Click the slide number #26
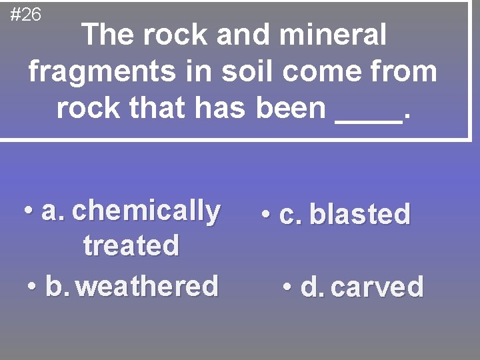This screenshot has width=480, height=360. (x=26, y=14)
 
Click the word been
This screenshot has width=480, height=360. (x=290, y=107)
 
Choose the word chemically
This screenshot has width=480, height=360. (x=146, y=211)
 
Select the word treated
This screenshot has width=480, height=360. (x=131, y=245)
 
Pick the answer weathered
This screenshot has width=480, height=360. (x=147, y=287)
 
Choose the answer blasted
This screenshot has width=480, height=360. (x=360, y=215)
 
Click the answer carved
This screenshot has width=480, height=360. (x=377, y=287)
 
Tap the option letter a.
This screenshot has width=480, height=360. (x=52, y=212)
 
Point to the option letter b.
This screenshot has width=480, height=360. (x=57, y=287)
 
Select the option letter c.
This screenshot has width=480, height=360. (x=291, y=215)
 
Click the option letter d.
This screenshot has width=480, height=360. (x=311, y=287)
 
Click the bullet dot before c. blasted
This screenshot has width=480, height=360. (x=266, y=215)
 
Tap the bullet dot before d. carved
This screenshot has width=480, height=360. (x=287, y=287)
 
